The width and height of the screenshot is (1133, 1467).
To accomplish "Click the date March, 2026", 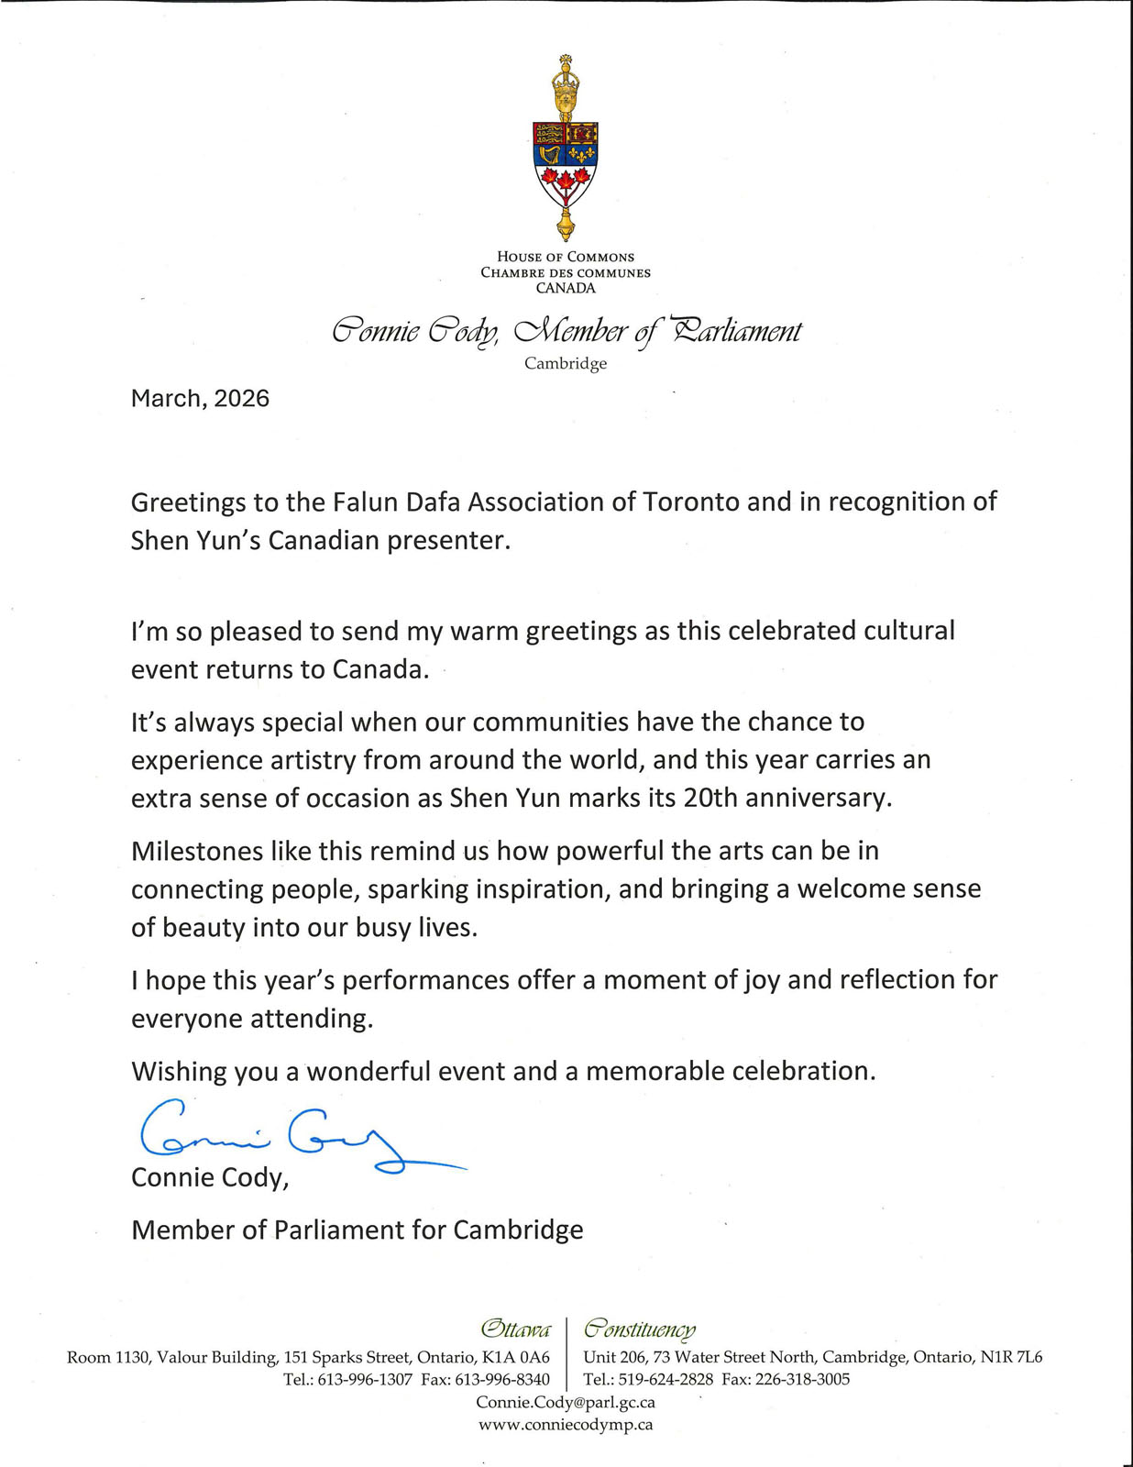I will tap(200, 399).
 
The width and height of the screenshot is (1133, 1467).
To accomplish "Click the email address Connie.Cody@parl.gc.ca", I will tap(566, 1403).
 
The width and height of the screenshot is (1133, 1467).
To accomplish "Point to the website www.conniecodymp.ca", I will tap(566, 1425).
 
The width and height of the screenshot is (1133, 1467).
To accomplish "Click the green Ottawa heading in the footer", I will tap(516, 1329).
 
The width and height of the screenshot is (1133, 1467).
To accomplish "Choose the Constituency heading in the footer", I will tap(640, 1329).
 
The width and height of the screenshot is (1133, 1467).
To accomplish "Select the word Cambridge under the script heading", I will tap(566, 364).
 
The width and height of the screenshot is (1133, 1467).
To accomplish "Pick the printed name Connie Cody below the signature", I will tap(209, 1178).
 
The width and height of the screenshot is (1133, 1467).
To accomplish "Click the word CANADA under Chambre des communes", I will tap(566, 289).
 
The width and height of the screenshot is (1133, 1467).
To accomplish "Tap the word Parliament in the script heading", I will tap(736, 332).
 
